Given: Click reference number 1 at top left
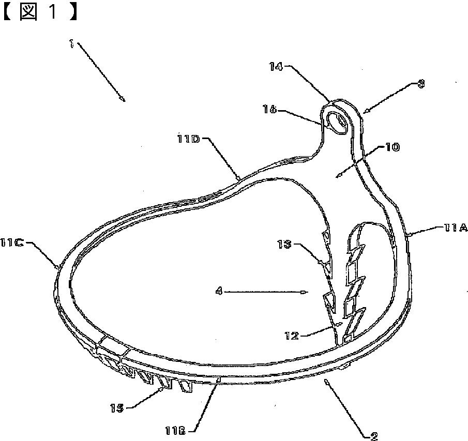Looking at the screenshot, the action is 71,44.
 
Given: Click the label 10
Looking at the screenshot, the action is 391,147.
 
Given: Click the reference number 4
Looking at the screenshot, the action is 219,292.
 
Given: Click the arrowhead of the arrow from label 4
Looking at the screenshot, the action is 306,292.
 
